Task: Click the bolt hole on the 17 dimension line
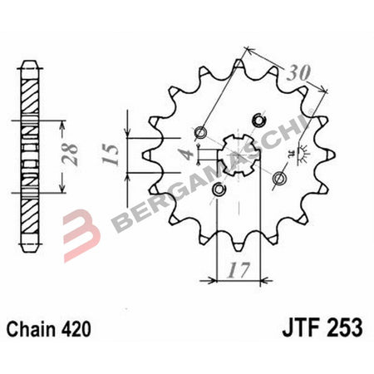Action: [219, 190]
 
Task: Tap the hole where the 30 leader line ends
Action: [199, 133]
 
